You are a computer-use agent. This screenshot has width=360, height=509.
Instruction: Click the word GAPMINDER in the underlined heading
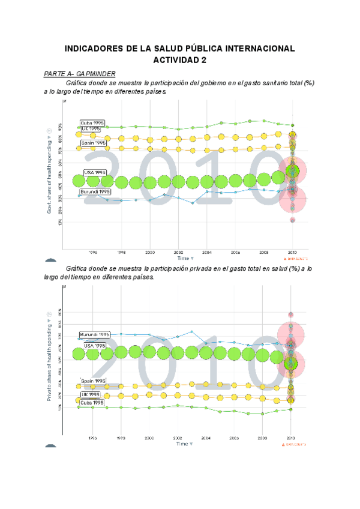[95, 73]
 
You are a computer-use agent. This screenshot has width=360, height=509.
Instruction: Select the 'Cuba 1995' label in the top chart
[93, 123]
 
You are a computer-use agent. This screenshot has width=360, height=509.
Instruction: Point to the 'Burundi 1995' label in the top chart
[96, 191]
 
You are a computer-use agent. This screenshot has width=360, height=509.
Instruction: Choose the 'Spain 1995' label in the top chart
[94, 143]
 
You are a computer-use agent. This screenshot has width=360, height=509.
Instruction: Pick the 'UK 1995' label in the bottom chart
[91, 394]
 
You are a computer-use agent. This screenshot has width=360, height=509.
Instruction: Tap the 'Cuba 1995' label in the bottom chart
[92, 403]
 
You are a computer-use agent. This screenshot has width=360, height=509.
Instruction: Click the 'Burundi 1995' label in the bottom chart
[95, 334]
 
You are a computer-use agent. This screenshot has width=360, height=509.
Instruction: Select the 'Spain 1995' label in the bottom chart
[93, 381]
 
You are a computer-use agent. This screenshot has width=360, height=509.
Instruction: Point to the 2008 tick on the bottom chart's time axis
[262, 439]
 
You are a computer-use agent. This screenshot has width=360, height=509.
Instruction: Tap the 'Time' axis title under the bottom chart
[182, 444]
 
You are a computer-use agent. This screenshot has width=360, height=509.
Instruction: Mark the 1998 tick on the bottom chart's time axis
[121, 439]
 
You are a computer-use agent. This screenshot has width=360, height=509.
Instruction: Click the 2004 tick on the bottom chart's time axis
[206, 439]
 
